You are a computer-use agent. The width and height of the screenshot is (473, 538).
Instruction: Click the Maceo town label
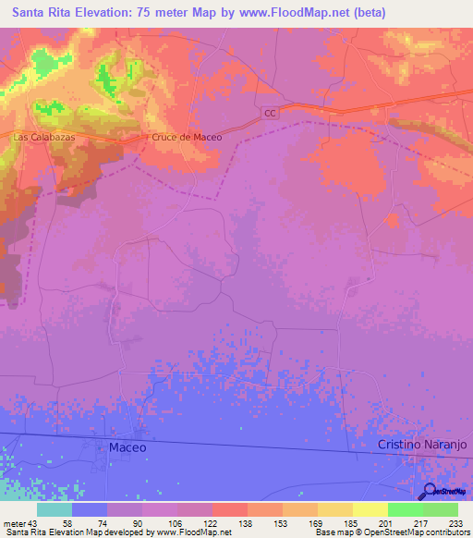127,446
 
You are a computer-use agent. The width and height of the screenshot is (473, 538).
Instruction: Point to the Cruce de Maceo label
188,137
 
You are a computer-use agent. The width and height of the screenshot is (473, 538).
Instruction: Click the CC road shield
269,113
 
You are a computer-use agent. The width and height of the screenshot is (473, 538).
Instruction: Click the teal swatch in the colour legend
55,509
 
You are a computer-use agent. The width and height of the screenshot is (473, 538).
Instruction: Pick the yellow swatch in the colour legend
370,509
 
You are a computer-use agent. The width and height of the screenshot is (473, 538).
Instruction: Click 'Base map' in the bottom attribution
332,532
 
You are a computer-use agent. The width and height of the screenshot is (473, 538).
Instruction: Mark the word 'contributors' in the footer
444,532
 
